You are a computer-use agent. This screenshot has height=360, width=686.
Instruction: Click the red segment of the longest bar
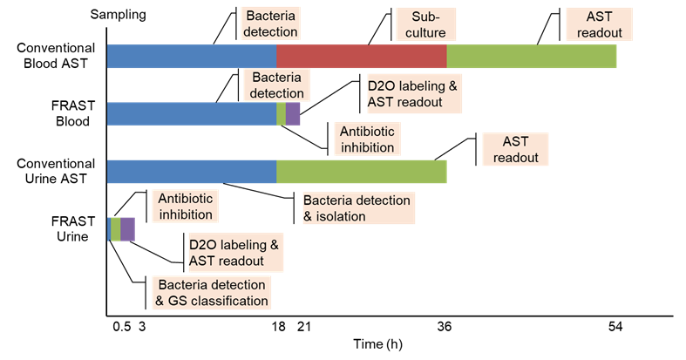coord(362,56)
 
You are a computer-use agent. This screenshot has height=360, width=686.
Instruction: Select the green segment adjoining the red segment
coord(532,56)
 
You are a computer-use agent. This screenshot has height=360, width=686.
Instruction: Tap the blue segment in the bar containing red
coord(192,56)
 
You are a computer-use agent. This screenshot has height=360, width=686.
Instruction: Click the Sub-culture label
coord(422,24)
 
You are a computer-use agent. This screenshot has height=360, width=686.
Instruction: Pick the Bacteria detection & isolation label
coord(357,208)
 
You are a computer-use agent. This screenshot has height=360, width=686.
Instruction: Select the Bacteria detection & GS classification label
coord(212,293)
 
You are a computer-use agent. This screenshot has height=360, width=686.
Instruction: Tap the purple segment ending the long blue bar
coord(293,113)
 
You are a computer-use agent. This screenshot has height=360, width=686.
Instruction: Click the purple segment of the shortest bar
coord(127,228)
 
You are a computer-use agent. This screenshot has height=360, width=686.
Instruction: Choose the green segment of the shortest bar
coord(116,228)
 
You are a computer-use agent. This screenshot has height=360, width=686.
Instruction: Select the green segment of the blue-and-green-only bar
coord(362,172)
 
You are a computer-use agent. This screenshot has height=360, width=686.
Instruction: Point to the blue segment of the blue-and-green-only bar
coord(192,172)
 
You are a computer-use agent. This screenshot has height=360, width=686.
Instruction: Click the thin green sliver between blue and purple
coord(281,113)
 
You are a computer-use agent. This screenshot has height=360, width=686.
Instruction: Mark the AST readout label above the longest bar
coord(600,24)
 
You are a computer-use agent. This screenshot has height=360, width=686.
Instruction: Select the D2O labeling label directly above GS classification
coord(237,252)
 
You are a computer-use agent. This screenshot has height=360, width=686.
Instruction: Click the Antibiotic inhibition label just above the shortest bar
coord(186,206)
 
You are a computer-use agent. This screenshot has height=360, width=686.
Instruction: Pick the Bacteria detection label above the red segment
coord(272,24)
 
